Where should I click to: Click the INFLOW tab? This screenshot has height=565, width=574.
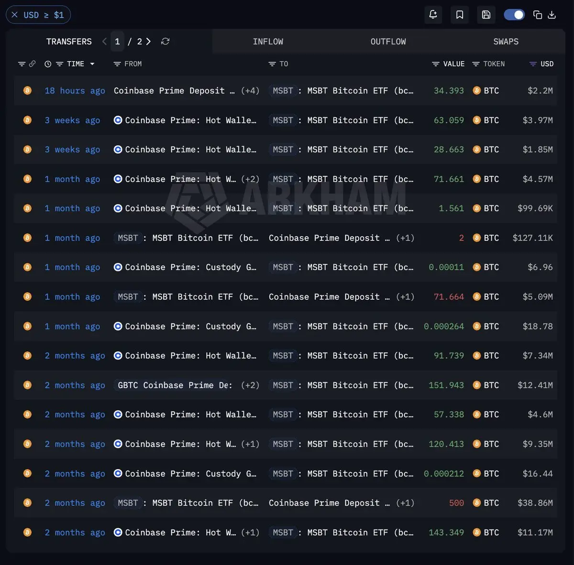pyautogui.click(x=268, y=42)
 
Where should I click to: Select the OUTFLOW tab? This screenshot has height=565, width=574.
pyautogui.click(x=388, y=42)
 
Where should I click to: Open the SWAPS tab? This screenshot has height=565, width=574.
pyautogui.click(x=506, y=42)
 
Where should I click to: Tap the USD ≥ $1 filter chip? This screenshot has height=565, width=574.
pyautogui.click(x=38, y=15)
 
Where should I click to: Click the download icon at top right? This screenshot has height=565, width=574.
pyautogui.click(x=552, y=15)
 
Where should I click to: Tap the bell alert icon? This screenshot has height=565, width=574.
pyautogui.click(x=433, y=15)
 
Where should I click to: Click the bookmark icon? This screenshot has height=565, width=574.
pyautogui.click(x=459, y=15)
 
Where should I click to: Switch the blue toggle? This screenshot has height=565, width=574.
pyautogui.click(x=514, y=15)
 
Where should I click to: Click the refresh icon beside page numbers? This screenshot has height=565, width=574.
pyautogui.click(x=166, y=42)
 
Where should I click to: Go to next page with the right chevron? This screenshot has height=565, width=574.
pyautogui.click(x=148, y=42)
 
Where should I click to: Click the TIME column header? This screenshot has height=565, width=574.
pyautogui.click(x=76, y=64)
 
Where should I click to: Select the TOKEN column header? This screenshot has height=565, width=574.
pyautogui.click(x=494, y=64)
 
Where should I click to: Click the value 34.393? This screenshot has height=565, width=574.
pyautogui.click(x=449, y=90)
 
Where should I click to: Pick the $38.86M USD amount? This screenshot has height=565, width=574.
pyautogui.click(x=535, y=503)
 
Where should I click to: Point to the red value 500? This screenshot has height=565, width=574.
pyautogui.click(x=456, y=503)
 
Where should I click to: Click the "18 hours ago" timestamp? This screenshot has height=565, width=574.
pyautogui.click(x=75, y=90)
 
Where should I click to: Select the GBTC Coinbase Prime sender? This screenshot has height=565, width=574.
pyautogui.click(x=175, y=385)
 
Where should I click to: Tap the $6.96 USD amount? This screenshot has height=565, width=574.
pyautogui.click(x=540, y=267)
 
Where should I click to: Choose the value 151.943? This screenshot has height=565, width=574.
pyautogui.click(x=446, y=385)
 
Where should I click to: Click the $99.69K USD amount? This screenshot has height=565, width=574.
pyautogui.click(x=535, y=208)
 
